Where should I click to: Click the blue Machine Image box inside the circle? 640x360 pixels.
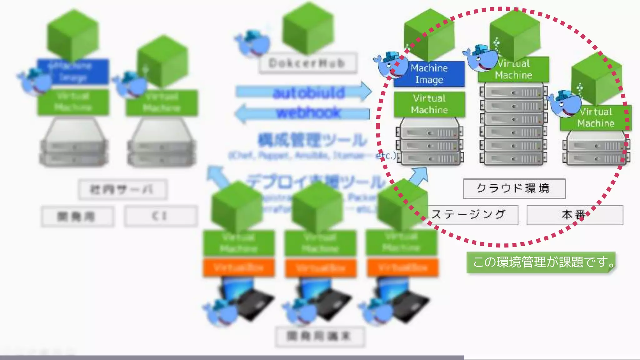click(x=429, y=74)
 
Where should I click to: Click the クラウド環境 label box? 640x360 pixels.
click(x=514, y=188)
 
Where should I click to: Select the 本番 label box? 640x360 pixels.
click(x=574, y=215)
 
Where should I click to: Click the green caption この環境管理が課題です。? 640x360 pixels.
click(x=541, y=262)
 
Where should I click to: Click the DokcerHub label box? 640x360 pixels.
click(x=308, y=63)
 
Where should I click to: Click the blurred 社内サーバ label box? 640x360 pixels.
click(x=122, y=189)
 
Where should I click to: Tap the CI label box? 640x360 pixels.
click(x=161, y=216)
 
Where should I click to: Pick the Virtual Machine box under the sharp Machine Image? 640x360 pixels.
click(x=429, y=104)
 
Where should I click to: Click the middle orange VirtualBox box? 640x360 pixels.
click(x=320, y=268)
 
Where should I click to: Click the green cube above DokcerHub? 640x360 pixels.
click(x=308, y=28)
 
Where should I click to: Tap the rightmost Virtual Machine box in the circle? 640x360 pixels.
click(x=596, y=118)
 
